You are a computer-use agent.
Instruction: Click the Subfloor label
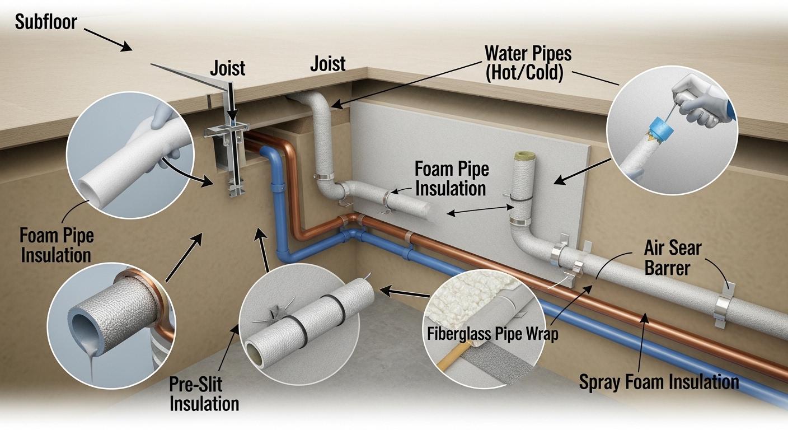(x=46, y=22)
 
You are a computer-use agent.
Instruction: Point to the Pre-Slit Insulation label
(x=204, y=394)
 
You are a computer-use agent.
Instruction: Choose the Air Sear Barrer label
(x=672, y=257)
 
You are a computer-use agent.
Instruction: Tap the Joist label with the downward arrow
(x=227, y=68)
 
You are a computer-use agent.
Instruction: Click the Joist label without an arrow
(x=327, y=63)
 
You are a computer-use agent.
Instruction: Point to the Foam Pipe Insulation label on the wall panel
(x=451, y=179)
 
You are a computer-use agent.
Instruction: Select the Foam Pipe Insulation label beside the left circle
(x=57, y=245)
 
